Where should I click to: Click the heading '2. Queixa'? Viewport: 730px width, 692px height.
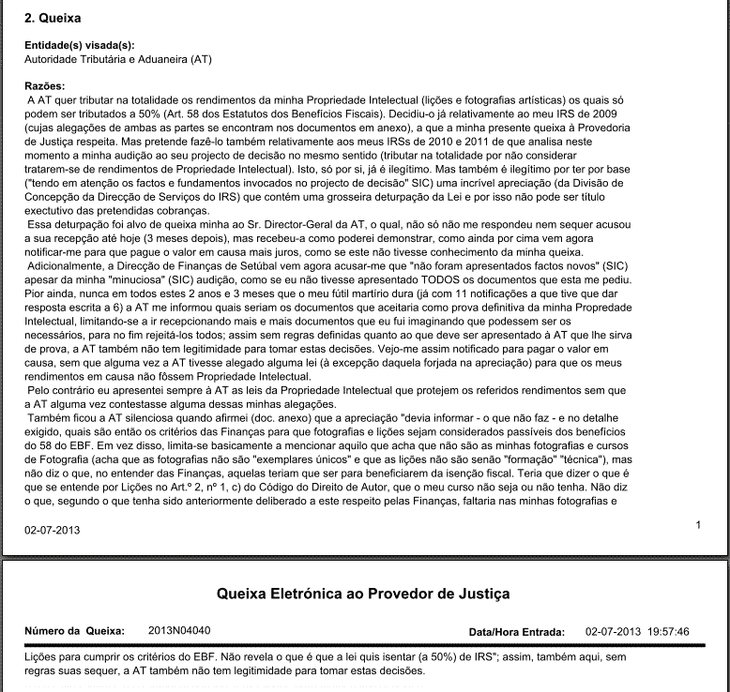53,18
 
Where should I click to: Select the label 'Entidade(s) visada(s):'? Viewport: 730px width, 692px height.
79,45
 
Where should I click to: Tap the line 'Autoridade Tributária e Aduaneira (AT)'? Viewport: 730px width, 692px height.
118,59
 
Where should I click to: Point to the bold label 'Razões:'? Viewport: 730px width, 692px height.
45,86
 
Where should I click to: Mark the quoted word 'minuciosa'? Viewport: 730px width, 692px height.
133,278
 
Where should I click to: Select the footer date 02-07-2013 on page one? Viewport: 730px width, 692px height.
53,531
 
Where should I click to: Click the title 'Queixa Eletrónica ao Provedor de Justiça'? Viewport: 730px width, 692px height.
364,594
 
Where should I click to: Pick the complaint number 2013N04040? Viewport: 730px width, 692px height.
180,631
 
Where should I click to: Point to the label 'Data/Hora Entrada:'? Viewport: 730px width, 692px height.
516,632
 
